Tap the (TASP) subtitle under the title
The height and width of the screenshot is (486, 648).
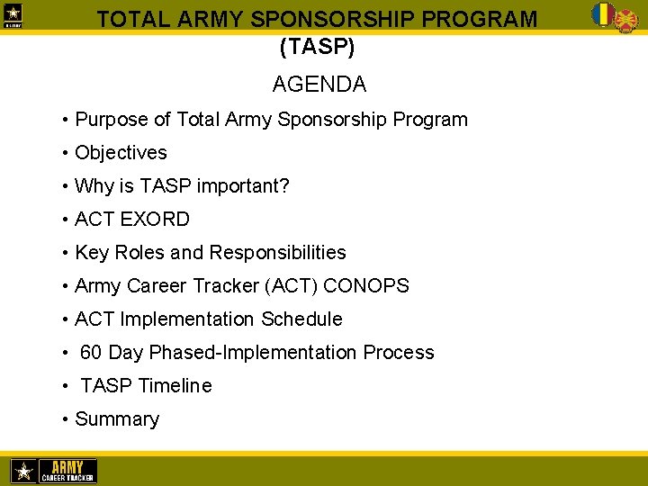click(x=317, y=44)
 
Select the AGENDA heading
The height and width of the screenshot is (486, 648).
click(x=319, y=85)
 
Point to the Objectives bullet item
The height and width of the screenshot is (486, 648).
click(x=121, y=153)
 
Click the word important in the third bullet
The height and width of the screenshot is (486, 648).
click(x=238, y=186)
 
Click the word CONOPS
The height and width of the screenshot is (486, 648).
click(x=365, y=286)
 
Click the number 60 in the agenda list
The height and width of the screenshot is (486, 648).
click(x=91, y=353)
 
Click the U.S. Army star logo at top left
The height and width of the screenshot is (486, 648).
click(x=15, y=15)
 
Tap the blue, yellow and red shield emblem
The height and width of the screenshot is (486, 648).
click(x=602, y=13)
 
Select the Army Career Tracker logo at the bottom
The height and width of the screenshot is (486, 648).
click(x=53, y=471)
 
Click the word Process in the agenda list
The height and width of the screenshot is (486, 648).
click(x=399, y=353)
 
